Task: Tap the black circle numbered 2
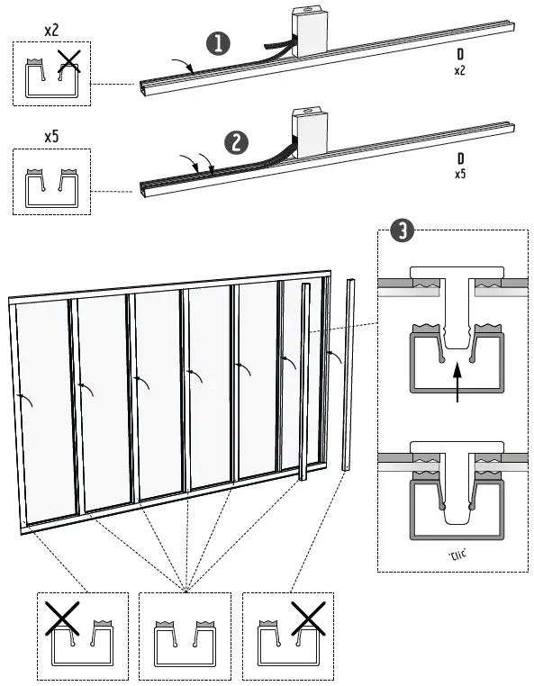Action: point(236,143)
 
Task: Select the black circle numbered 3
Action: point(403,231)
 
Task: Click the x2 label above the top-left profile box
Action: point(52,30)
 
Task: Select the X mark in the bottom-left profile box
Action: point(60,618)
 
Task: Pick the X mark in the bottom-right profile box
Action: point(308,618)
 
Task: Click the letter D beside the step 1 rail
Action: point(460,55)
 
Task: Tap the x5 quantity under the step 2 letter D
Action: point(460,174)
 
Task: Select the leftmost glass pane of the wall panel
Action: point(45,410)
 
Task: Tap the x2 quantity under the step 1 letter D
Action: point(460,70)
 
